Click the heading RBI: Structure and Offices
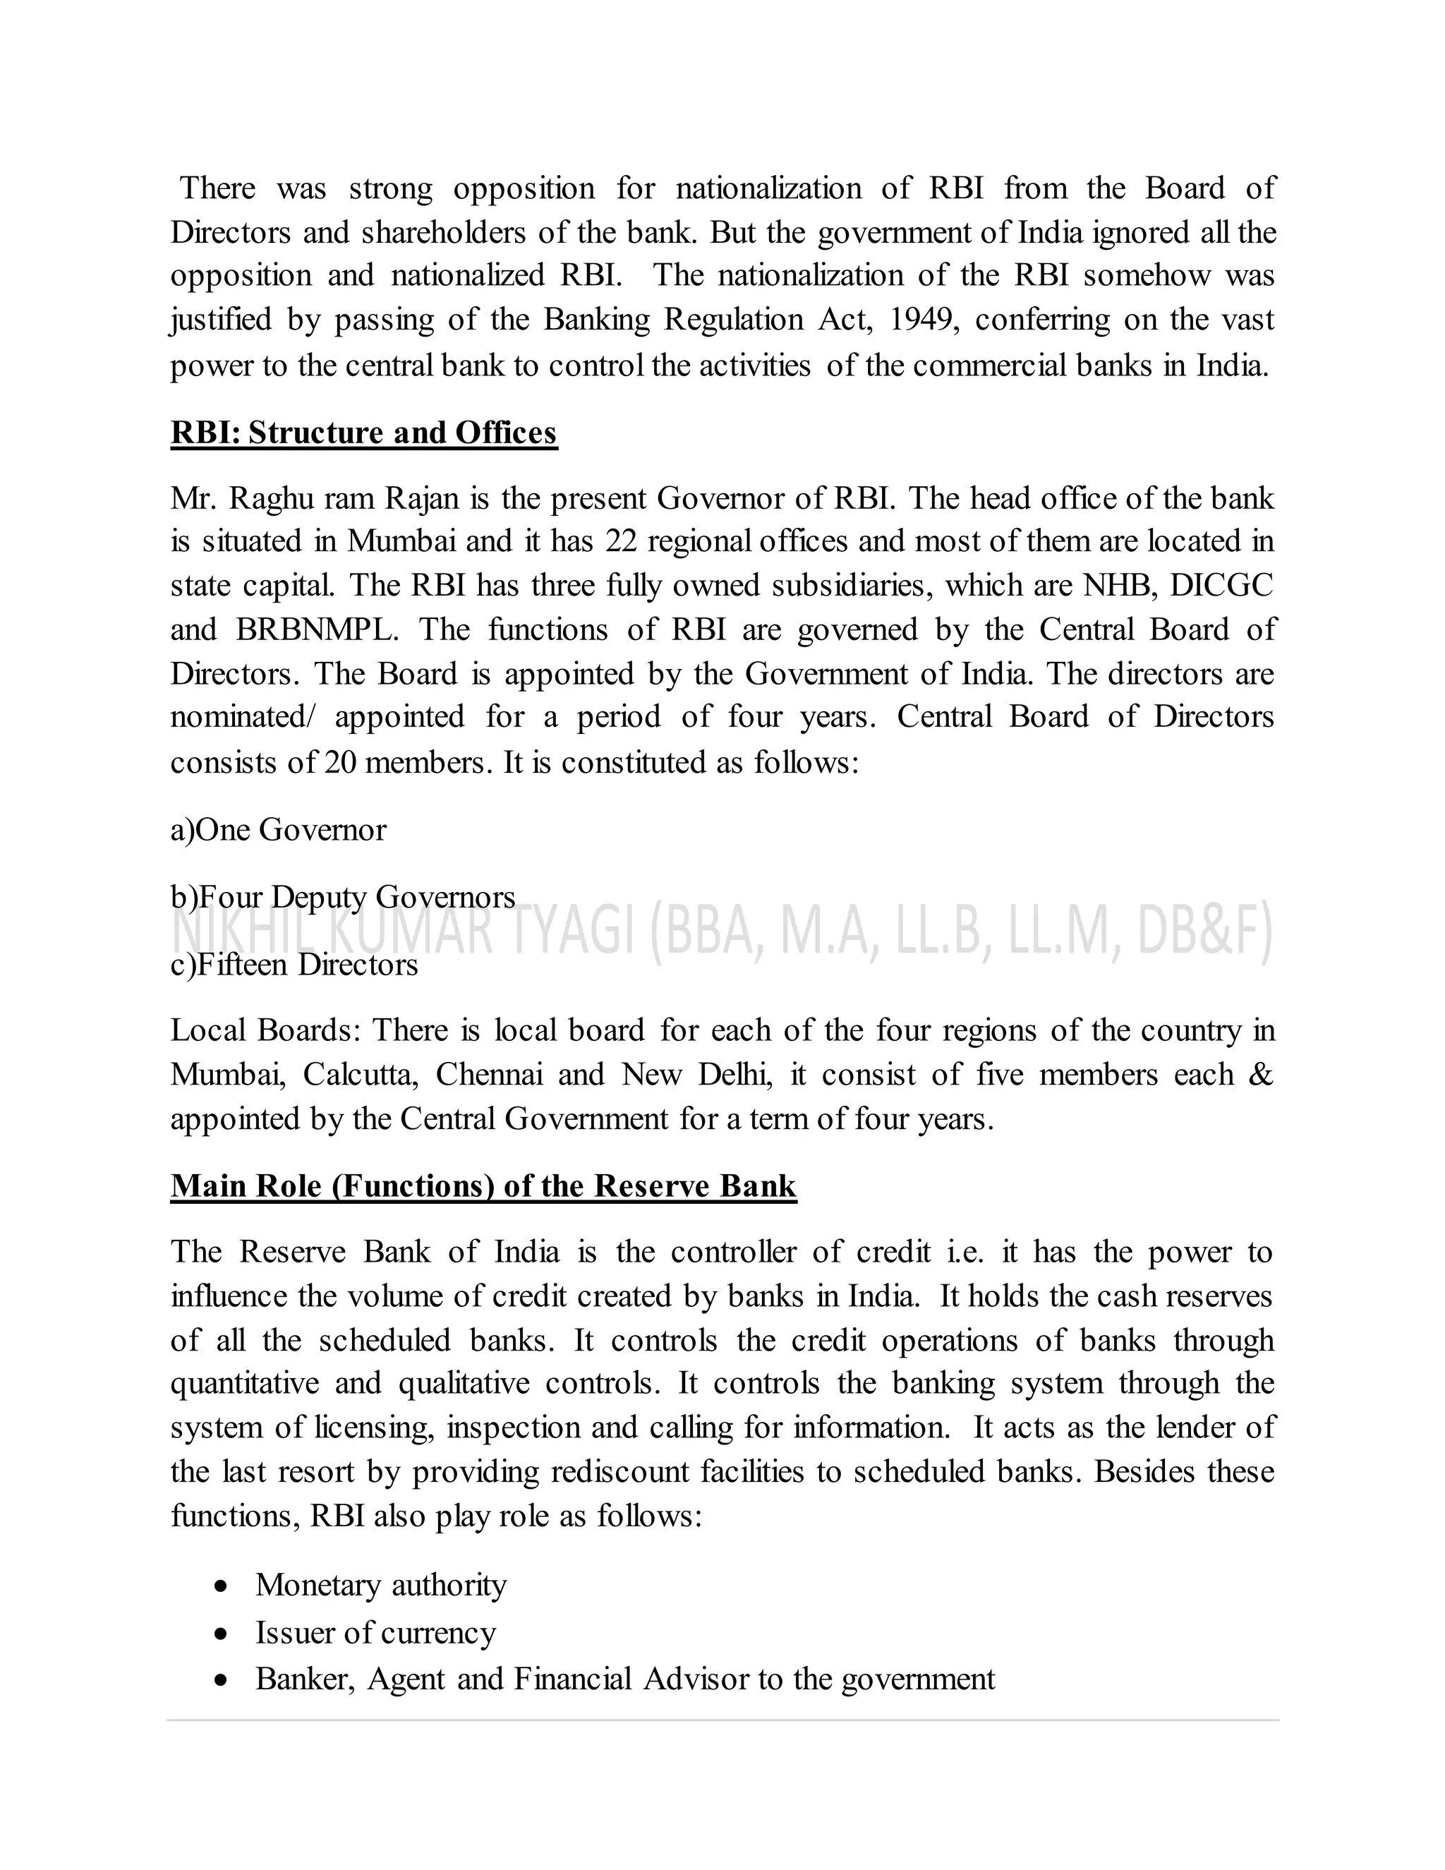[364, 433]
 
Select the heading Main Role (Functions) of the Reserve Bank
[483, 1186]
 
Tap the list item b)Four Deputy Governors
[342, 896]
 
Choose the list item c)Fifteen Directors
[294, 965]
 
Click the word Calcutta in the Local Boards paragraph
[360, 1075]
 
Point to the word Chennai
[489, 1075]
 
